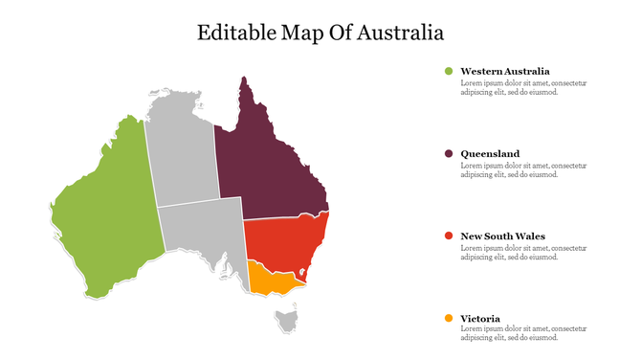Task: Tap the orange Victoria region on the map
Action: point(270,279)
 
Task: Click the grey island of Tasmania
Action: point(286,320)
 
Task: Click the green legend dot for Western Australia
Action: point(448,71)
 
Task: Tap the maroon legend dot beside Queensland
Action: point(448,153)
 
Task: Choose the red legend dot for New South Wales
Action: point(448,236)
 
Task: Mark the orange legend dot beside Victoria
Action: point(448,318)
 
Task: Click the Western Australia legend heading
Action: point(504,71)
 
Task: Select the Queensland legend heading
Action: point(490,153)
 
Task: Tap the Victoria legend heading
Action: point(480,318)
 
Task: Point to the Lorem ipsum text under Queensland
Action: point(523,170)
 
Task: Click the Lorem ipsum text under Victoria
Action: point(523,333)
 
